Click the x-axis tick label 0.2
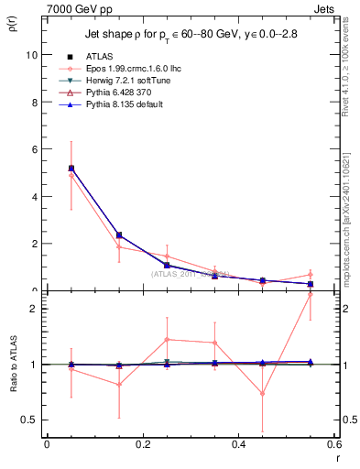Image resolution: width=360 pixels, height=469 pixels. pos(142,444)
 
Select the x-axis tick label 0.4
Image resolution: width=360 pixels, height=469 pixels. pos(238,444)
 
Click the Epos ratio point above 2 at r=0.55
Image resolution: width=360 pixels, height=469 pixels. pos(310,295)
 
